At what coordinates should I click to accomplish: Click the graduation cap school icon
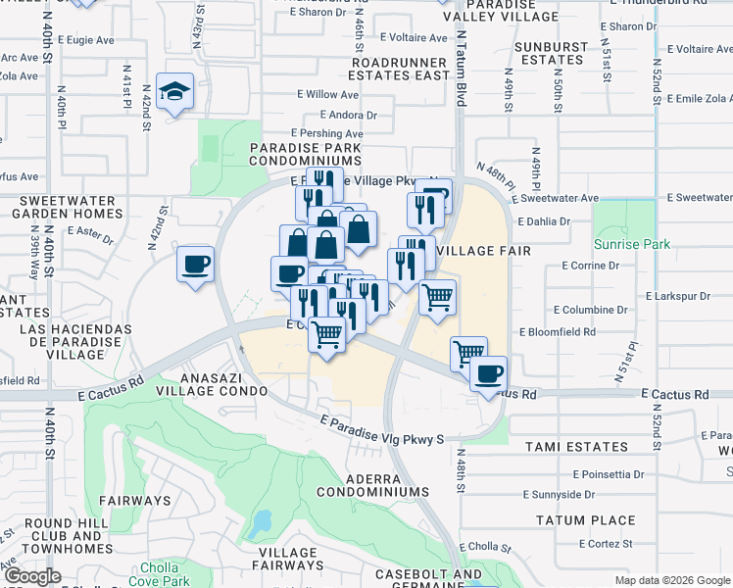click(175, 93)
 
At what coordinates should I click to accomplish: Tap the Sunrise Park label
click(631, 244)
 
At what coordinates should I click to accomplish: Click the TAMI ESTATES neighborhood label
click(576, 447)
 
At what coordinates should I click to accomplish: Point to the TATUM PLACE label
click(585, 520)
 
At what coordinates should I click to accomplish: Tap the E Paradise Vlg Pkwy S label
click(386, 429)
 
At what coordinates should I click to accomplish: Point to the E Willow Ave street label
click(328, 95)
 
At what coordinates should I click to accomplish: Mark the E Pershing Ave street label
click(327, 133)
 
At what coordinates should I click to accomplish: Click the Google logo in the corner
click(32, 576)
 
